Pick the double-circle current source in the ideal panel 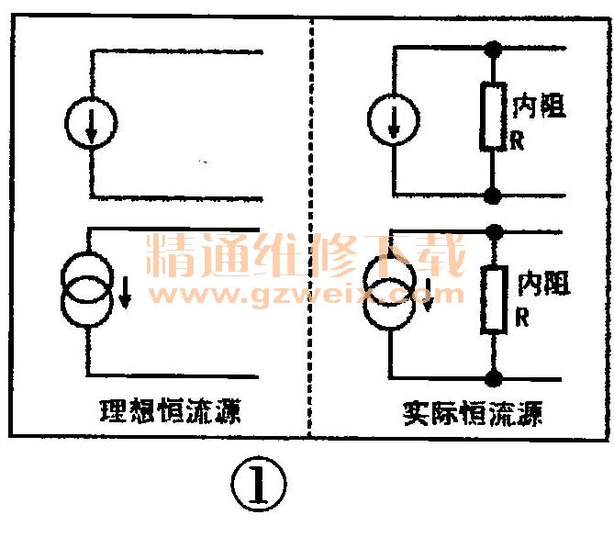click(90, 289)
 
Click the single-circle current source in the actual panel click(393, 120)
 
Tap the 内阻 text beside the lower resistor click(541, 283)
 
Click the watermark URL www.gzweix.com click(307, 296)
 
